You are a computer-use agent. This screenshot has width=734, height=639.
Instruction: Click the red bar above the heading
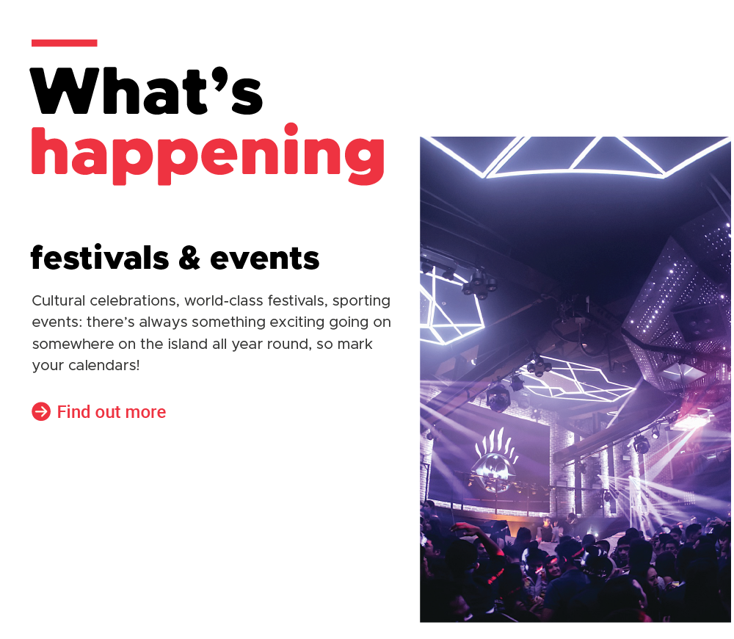point(64,43)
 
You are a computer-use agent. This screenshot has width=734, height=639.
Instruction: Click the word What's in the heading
point(147,91)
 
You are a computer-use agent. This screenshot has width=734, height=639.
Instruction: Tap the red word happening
point(208,154)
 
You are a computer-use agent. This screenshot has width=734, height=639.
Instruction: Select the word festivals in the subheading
point(100,257)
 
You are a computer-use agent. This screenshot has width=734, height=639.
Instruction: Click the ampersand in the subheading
point(189,258)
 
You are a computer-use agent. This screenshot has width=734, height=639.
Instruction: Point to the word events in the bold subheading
point(264,259)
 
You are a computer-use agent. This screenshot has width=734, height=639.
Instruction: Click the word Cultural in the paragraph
point(59,300)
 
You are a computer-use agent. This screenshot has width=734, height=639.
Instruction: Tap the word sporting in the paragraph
point(361,301)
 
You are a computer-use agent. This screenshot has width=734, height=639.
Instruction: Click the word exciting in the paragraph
point(297,322)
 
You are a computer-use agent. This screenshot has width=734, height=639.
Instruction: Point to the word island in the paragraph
point(186,344)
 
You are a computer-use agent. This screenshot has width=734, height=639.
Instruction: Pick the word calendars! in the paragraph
point(104,366)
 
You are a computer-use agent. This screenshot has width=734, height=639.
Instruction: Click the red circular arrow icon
point(41,412)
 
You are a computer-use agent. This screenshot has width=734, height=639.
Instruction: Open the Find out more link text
point(112,412)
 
